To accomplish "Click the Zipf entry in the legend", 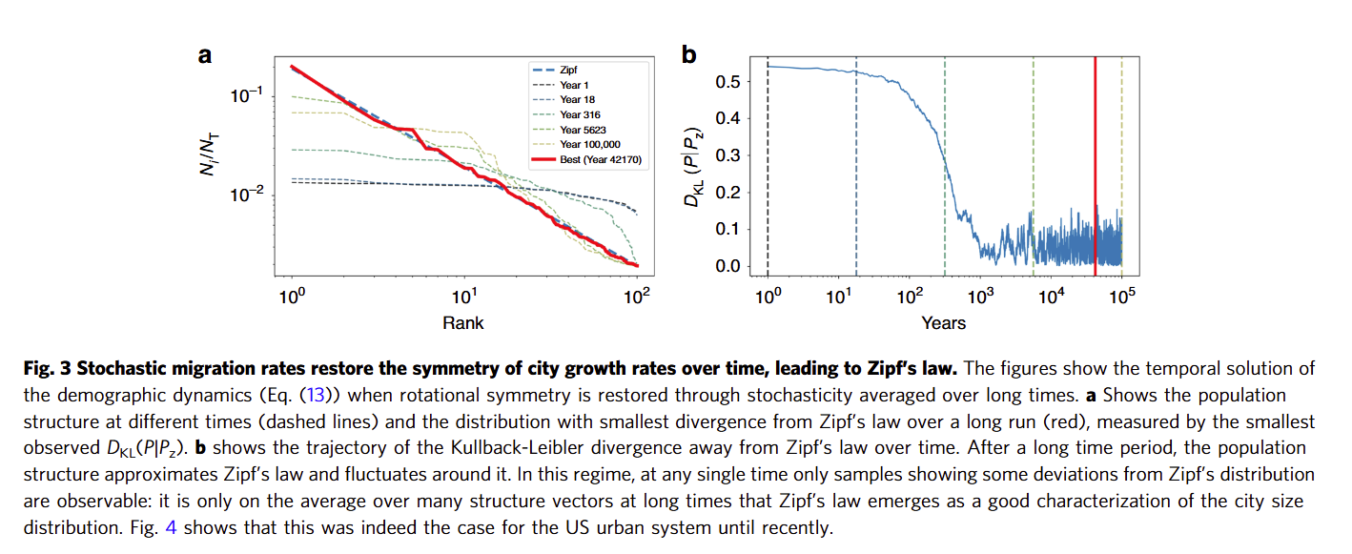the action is pos(555,70).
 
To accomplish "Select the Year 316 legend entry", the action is pos(566,114).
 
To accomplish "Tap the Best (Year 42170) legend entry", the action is pos(586,160).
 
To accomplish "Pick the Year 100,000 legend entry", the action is pos(577,145).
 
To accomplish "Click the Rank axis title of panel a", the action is pos(463,323).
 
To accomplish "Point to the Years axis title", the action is pos(943,323).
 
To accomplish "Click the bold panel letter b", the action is pos(688,55).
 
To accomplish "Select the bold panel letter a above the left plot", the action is pos(205,55).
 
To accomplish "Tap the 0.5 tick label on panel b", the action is pos(727,81).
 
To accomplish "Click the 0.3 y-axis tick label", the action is pos(727,155).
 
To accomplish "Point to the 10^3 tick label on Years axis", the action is pos(980,297).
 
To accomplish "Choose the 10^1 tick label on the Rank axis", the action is pos(464,297).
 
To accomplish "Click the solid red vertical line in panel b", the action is pos(1095,166).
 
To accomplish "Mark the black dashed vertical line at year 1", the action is pos(768,166).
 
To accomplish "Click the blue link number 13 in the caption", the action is pos(316,395).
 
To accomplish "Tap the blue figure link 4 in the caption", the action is pos(171,527).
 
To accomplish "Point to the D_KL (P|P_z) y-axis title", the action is pos(693,167).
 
